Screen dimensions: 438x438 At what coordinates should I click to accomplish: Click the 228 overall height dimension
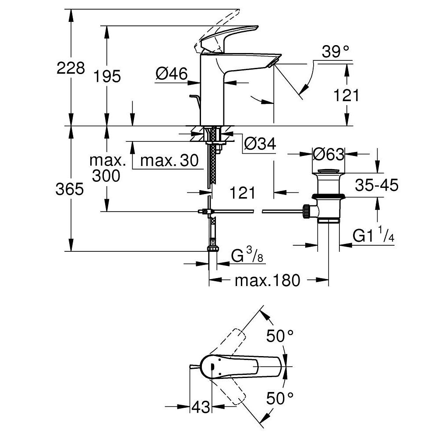71,68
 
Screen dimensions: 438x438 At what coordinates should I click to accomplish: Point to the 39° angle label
336,52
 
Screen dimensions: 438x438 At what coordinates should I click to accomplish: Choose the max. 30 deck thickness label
169,161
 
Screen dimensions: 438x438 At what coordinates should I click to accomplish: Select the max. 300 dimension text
107,168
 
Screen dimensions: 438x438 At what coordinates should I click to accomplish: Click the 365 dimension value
70,189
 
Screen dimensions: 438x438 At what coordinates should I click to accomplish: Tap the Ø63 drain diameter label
328,154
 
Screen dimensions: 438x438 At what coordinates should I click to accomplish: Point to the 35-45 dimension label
376,185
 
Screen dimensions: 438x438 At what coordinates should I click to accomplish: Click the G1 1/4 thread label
374,237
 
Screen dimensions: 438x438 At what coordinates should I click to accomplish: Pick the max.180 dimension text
268,280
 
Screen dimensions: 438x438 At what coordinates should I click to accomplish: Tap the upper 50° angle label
280,336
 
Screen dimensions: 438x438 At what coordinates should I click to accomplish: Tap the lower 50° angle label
280,398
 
